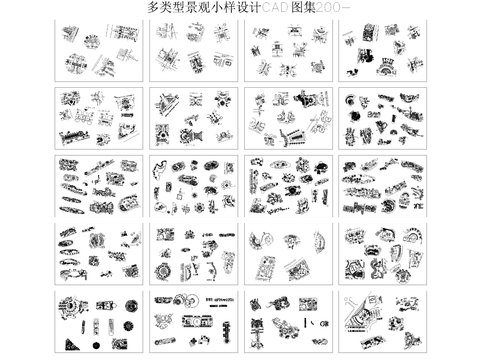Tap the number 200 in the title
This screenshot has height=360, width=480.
pos(319,7)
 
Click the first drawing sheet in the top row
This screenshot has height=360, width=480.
pos(96,47)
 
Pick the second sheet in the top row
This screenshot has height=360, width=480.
pos(192,47)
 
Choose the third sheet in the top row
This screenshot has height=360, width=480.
pos(287,47)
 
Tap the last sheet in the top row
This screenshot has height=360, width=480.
pos(382,47)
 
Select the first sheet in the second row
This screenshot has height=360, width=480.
pos(96,116)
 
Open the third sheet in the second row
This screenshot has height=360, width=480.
pos(287,116)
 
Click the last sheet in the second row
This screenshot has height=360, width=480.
pos(382,116)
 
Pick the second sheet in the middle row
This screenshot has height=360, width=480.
pos(192,185)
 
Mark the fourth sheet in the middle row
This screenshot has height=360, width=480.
pos(382,185)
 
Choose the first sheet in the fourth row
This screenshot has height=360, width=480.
pos(96,254)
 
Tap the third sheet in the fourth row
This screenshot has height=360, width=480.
pos(287,254)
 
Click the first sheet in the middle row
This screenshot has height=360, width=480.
pos(96,185)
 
